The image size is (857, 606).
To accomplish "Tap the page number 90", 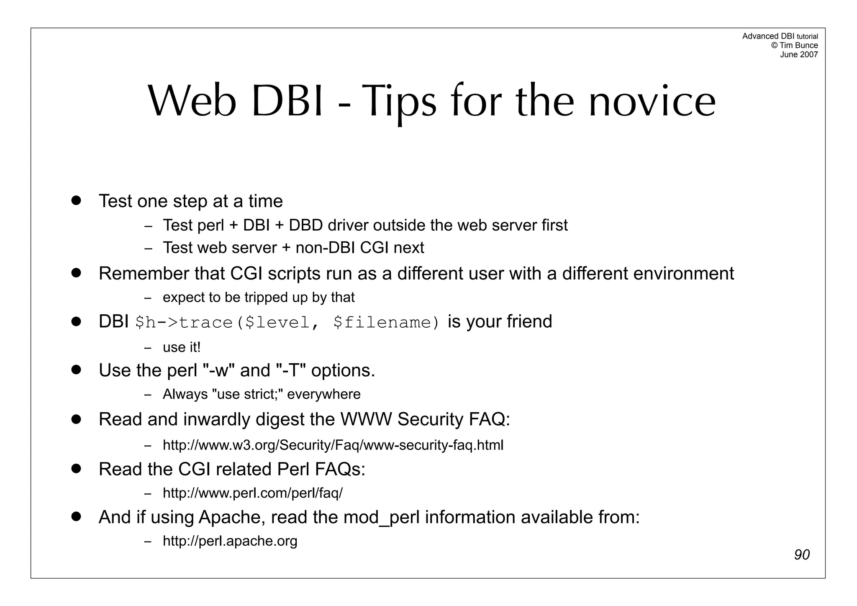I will (x=802, y=555).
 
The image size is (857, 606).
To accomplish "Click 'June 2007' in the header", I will (x=798, y=54).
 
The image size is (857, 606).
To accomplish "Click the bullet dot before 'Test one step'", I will (x=76, y=200).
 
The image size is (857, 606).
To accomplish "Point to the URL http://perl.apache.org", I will (x=230, y=541).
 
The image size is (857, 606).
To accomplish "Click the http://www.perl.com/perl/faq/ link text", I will (x=252, y=493).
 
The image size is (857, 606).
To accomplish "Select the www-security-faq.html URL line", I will (x=333, y=445).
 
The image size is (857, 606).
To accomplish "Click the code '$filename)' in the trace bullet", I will (x=387, y=323).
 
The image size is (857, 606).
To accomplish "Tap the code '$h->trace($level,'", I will (x=223, y=323).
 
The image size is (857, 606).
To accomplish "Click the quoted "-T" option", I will (x=291, y=370).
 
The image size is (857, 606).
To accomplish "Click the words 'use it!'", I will (x=182, y=347).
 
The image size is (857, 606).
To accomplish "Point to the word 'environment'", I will (x=683, y=274).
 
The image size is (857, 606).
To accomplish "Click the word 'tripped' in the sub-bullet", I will (x=262, y=297).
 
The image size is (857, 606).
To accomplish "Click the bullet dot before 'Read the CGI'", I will (x=76, y=468).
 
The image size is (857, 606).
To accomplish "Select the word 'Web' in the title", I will (x=192, y=102).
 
